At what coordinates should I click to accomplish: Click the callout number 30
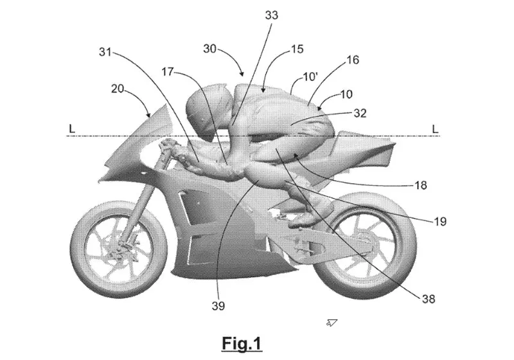click(x=211, y=48)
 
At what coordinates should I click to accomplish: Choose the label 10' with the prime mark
click(x=310, y=76)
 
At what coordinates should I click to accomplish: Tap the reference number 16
click(x=353, y=60)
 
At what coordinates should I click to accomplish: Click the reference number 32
click(x=360, y=113)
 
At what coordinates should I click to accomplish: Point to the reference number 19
click(x=440, y=222)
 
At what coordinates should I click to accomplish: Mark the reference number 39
click(x=218, y=306)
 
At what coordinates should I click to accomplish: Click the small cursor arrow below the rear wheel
click(x=332, y=321)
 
